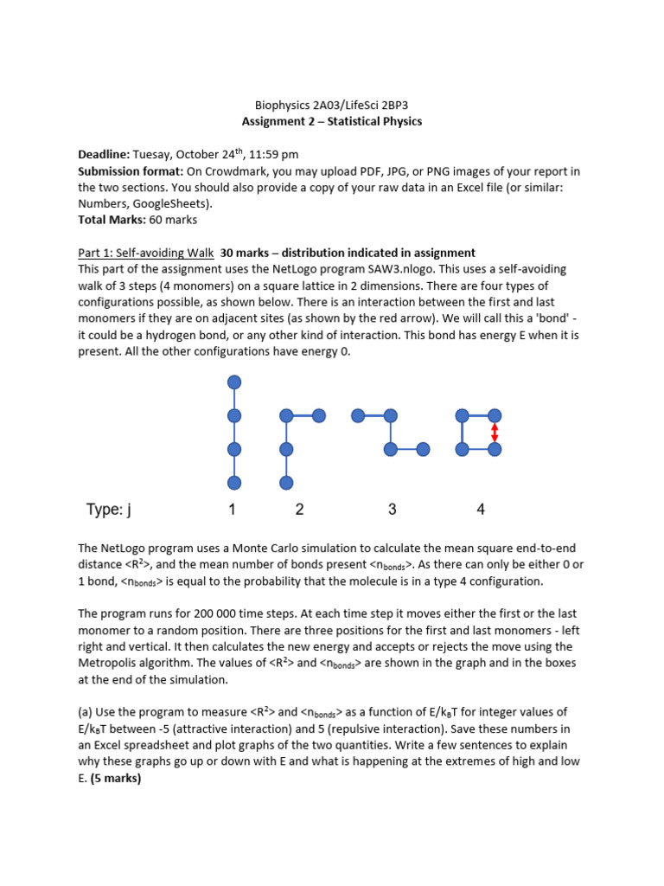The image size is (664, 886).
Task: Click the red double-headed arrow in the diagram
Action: (x=495, y=433)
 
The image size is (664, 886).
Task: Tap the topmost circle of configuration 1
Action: (x=234, y=382)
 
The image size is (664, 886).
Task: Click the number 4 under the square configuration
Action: (x=481, y=510)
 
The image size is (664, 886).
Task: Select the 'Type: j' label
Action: (x=109, y=510)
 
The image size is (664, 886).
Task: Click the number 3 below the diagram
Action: (x=393, y=510)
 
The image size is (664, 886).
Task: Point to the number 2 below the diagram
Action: (x=299, y=510)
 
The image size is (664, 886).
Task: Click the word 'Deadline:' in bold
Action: (x=105, y=154)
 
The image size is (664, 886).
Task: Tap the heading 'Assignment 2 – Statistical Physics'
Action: (x=332, y=121)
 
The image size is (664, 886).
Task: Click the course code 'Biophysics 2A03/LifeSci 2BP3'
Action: (x=332, y=105)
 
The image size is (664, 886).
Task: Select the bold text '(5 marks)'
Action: (x=116, y=778)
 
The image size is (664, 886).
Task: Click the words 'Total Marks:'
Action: (x=111, y=220)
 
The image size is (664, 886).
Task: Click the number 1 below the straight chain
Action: (x=233, y=510)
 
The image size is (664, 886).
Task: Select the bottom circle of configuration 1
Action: (x=234, y=482)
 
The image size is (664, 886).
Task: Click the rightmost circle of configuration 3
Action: (x=423, y=449)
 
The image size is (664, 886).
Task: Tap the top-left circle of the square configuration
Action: (x=462, y=416)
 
